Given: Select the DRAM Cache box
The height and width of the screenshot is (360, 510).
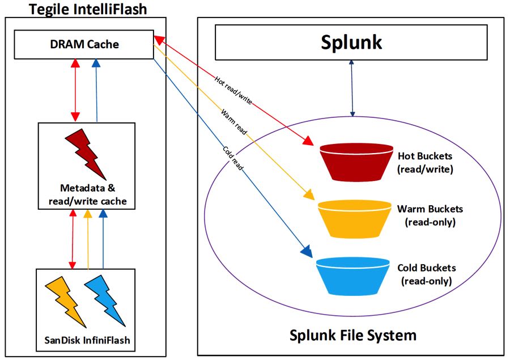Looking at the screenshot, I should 83,44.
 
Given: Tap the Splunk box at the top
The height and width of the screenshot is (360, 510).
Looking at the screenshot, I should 351,43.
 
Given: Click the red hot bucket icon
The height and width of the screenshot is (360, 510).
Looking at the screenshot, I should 356,162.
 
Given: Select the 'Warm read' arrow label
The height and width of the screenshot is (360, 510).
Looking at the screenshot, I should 232,121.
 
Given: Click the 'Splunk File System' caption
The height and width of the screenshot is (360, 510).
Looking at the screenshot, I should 353,335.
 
